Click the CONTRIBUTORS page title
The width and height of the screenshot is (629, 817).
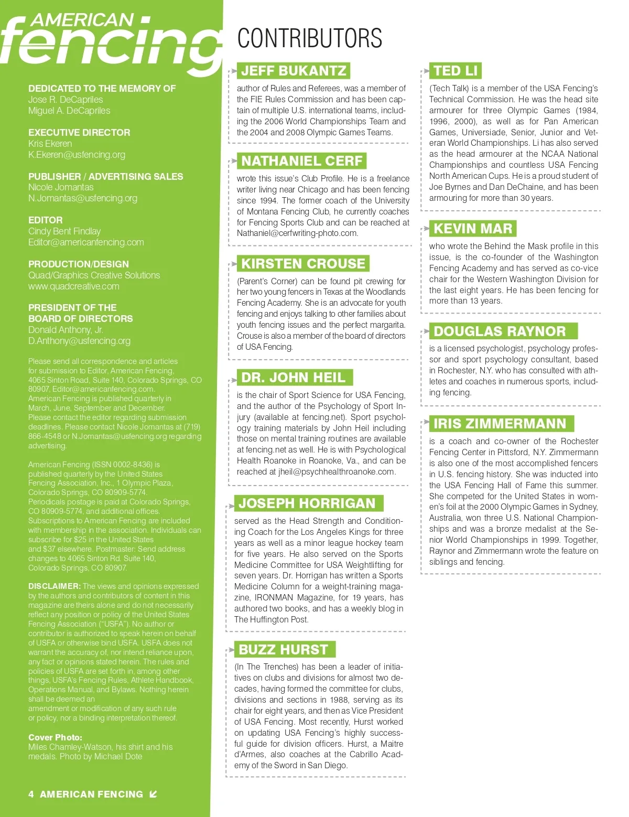[x=309, y=39]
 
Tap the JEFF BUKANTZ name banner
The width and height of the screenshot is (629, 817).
[x=294, y=71]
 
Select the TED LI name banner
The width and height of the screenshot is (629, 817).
[x=456, y=71]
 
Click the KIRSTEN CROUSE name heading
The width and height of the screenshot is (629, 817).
[x=303, y=263]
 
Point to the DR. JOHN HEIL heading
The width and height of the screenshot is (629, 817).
[x=293, y=378]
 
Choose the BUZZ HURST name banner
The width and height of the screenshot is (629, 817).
[x=283, y=649]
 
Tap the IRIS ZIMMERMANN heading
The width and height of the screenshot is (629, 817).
[x=500, y=424]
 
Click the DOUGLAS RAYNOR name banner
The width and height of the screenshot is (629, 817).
[x=500, y=331]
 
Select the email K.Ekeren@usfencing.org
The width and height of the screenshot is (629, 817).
[x=77, y=155]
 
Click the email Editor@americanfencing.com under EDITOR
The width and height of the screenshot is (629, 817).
[x=86, y=242]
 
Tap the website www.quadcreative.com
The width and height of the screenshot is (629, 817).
[x=74, y=286]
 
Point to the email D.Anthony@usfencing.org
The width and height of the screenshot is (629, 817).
[x=79, y=341]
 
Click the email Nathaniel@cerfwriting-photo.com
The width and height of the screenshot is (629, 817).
[x=297, y=233]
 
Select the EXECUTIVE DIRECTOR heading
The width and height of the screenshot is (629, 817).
[x=79, y=133]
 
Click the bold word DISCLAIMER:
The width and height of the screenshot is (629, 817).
[x=55, y=586]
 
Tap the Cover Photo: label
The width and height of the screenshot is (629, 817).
[x=55, y=737]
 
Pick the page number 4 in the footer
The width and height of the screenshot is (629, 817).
[x=31, y=794]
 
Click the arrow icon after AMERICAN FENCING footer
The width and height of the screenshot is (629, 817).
[x=153, y=794]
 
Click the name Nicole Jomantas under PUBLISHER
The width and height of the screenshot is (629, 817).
[x=61, y=187]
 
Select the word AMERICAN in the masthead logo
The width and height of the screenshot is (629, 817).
[x=82, y=20]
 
